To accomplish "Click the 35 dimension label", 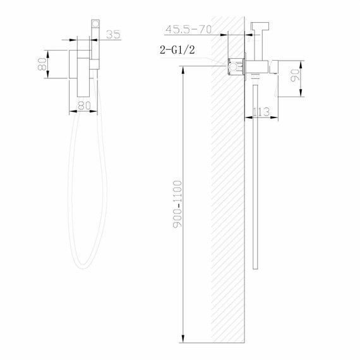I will click(114, 35).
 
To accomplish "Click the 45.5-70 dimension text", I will click(187, 28).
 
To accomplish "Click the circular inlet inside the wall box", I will click(234, 64).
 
